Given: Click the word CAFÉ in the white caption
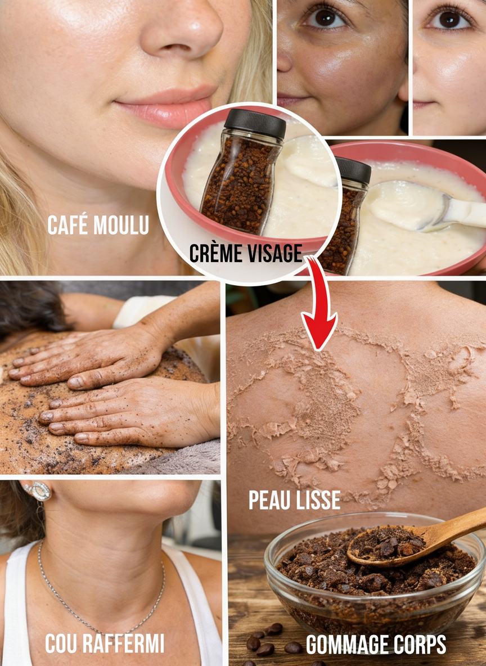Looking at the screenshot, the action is coord(68,224).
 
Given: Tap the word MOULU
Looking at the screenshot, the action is coord(121,224).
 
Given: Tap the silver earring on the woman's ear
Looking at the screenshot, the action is coord(39,491).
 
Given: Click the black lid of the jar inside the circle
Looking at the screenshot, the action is coord(255,123).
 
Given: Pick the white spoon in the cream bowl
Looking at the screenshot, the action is coord(429,208).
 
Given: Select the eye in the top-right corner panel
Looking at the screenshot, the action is coord(451,19).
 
